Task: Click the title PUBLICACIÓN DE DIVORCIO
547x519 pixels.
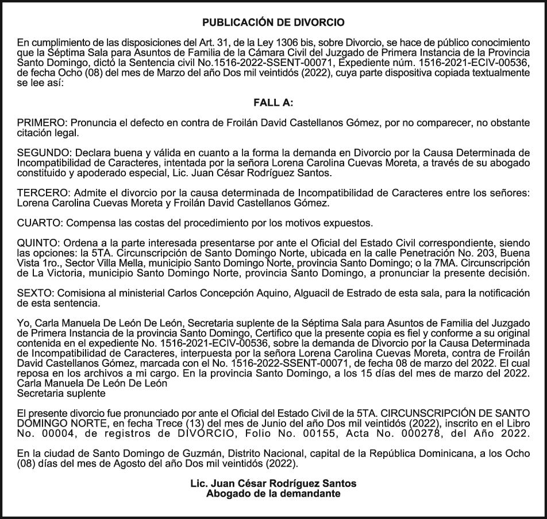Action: tap(273, 23)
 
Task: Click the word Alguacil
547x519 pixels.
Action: tap(312, 293)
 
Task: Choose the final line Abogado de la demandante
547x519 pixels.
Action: tap(273, 494)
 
